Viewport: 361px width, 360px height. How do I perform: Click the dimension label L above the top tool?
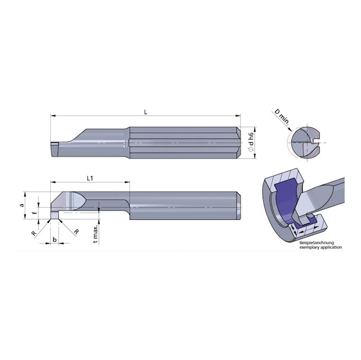click(145, 111)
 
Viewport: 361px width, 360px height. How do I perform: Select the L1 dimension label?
click(90, 178)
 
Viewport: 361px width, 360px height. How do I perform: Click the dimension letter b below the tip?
click(55, 240)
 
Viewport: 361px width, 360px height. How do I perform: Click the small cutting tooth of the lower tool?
click(55, 217)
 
